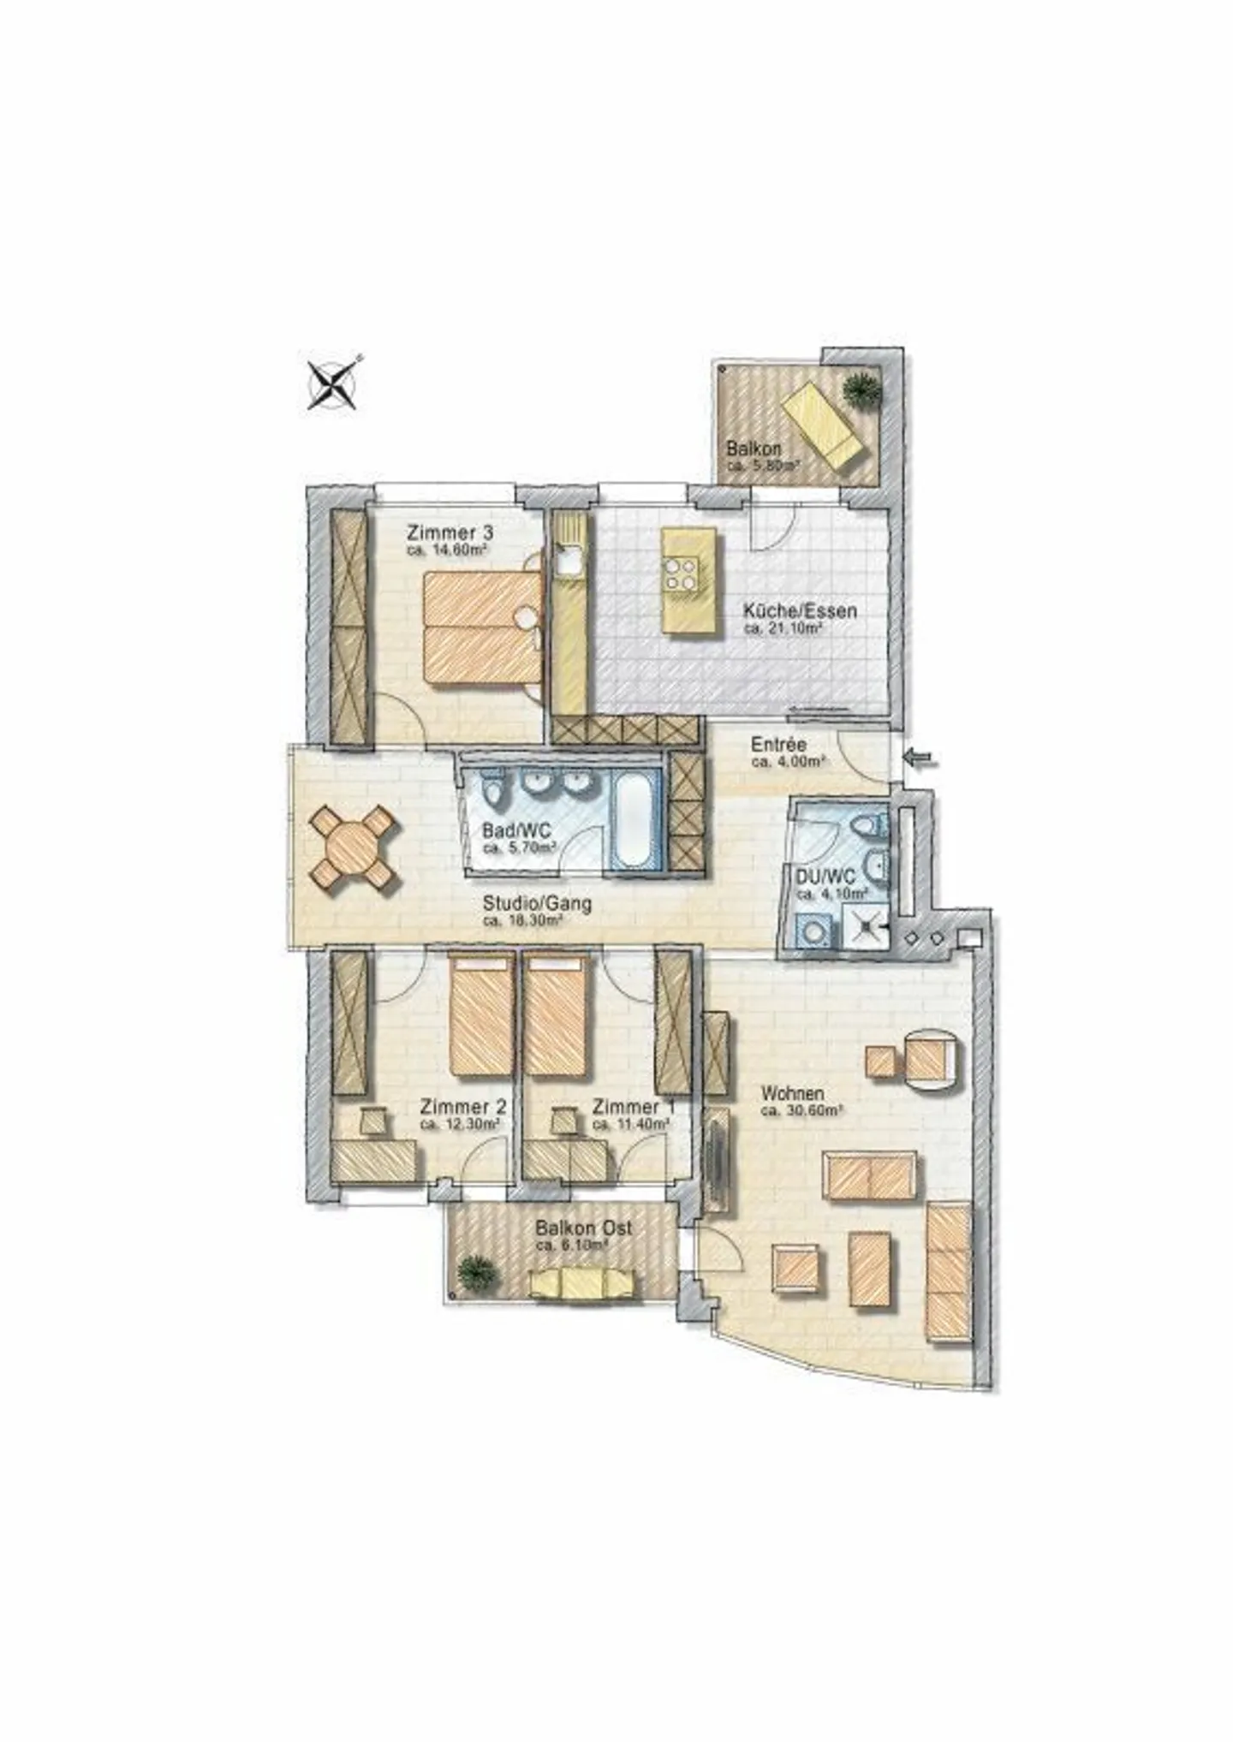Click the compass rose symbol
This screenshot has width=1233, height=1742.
(332, 384)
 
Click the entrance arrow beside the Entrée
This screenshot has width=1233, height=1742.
(921, 758)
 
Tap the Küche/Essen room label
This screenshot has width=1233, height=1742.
(800, 611)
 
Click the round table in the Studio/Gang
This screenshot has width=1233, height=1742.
(354, 847)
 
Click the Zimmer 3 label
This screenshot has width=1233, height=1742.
(450, 532)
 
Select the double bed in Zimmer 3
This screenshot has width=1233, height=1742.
(483, 627)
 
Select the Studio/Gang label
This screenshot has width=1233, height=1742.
(536, 902)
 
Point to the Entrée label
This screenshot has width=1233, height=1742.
(778, 744)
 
